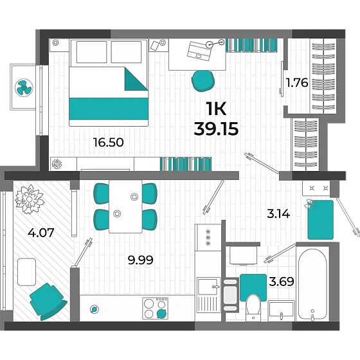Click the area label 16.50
pos(109,142)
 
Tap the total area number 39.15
pos(216,129)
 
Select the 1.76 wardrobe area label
pos(297,83)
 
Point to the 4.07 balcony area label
pos(41,232)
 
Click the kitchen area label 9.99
pos(141,260)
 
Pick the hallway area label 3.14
pos(278,214)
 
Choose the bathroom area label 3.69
pos(282,282)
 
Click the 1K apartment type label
pos(216,109)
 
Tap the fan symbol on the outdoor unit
pos(24,87)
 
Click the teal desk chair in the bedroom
pos(203,81)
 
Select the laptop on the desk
pos(199,51)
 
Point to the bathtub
pos(312,284)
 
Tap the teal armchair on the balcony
pos(48,301)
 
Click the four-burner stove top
pos(155,308)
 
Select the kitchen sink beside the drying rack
pos(208,286)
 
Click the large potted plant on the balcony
pos(30,199)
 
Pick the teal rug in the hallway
pos(321,220)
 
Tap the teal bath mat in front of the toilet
pos(253,287)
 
